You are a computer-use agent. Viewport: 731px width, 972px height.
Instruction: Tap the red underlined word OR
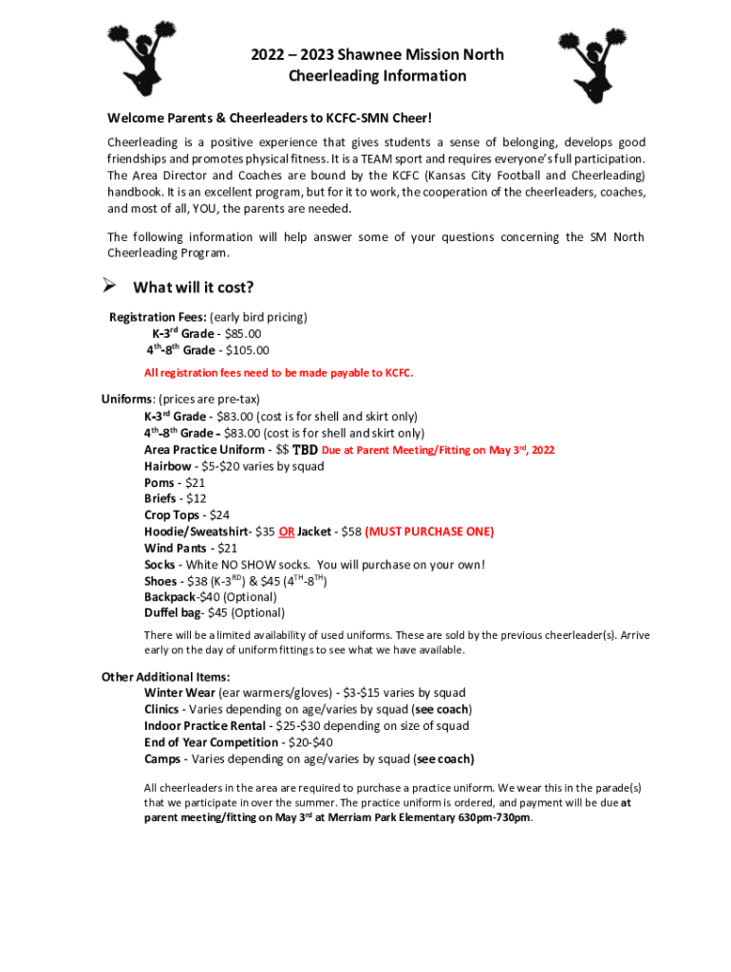coord(286,532)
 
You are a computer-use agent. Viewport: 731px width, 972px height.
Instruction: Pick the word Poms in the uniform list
coord(159,482)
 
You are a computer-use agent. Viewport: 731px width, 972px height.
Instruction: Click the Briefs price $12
coord(197,498)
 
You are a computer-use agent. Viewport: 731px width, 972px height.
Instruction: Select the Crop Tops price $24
coord(219,515)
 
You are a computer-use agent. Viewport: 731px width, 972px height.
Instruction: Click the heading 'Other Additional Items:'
coord(165,677)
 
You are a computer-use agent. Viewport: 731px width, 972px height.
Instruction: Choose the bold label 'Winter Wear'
coord(179,693)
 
